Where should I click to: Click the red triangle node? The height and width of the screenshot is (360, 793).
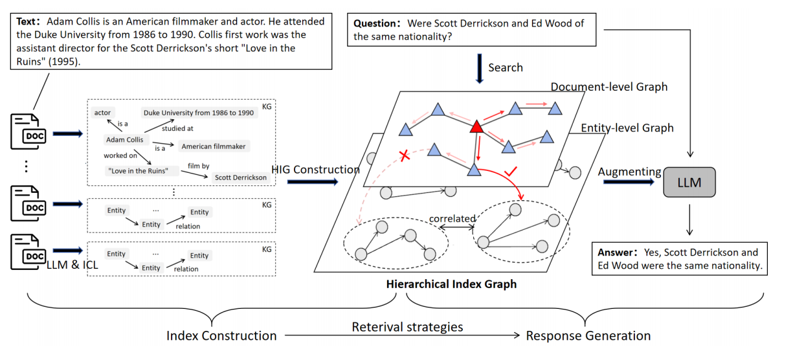coord(477,128)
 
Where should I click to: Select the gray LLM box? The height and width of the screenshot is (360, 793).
coord(689,182)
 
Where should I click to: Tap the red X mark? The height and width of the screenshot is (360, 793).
coord(405,156)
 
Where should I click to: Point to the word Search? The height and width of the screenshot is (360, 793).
coord(506,67)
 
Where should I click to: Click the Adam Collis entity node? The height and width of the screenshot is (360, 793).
coord(124,139)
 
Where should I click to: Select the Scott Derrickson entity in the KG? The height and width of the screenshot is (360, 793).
coord(241,177)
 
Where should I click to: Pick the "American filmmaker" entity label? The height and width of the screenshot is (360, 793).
coord(213,146)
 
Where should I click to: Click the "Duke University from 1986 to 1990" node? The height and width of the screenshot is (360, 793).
coord(198,113)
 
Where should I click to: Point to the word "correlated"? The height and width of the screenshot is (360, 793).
coord(452,219)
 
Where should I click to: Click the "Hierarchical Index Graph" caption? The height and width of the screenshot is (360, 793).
coord(451,284)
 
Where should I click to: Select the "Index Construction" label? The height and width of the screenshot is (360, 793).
coord(221,335)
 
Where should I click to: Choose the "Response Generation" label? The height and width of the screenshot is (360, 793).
coord(588,335)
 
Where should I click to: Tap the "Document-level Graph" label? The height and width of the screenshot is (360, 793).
coord(609,87)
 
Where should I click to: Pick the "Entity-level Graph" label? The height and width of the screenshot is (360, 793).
coord(627,128)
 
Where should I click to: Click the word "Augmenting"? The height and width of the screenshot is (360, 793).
coord(629,172)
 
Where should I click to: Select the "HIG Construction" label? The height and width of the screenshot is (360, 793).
coord(315,170)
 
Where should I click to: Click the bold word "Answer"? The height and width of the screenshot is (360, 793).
coord(615,253)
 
